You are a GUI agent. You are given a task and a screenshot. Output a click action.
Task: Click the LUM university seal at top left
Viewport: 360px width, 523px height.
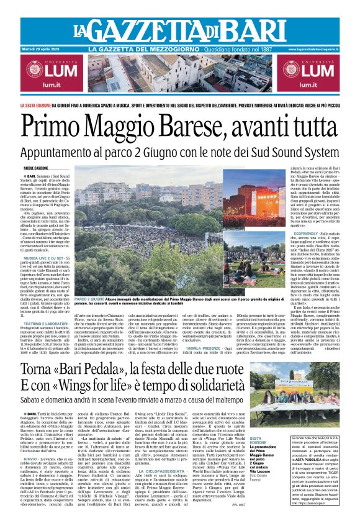[25, 70]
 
